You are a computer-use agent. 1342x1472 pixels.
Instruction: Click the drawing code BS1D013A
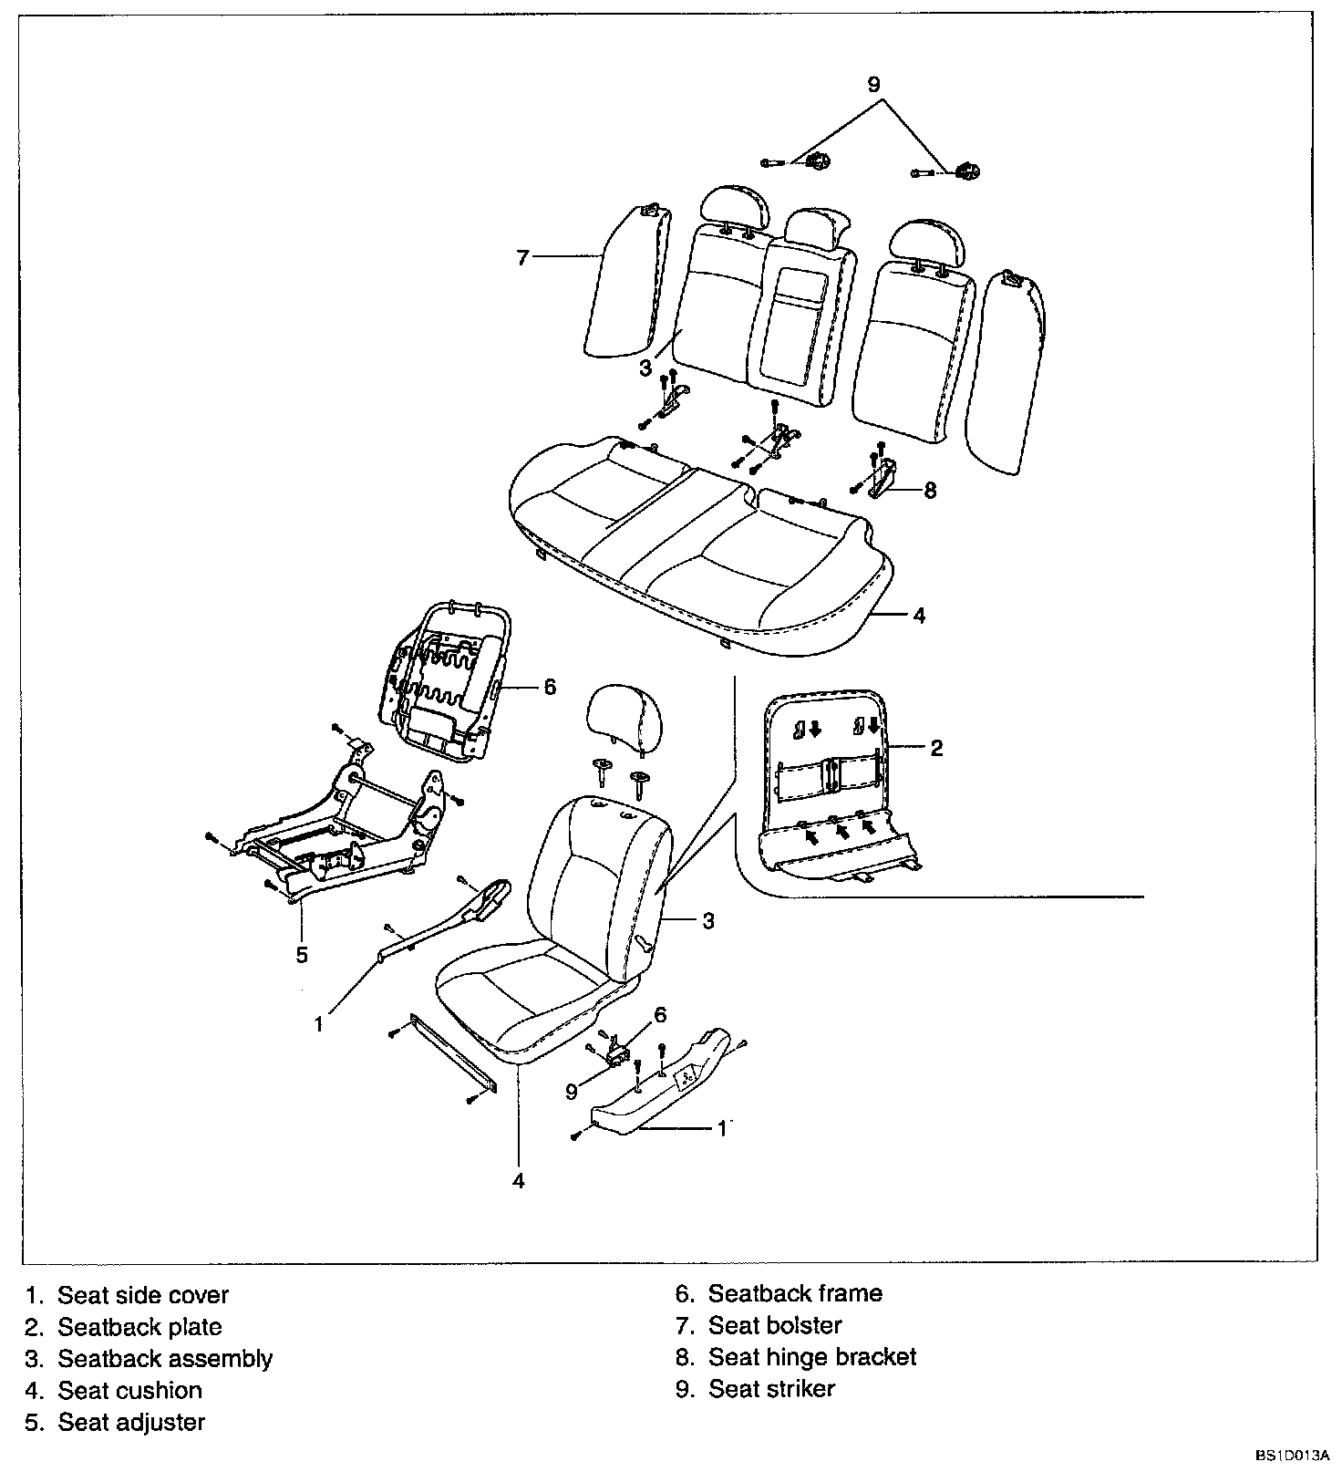point(1293,1456)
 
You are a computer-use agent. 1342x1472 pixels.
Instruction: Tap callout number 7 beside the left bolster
point(522,258)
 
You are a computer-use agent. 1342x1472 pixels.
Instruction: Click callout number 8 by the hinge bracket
point(930,491)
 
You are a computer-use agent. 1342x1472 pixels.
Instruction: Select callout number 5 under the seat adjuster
point(302,955)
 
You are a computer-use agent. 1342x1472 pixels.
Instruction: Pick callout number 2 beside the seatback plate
point(936,749)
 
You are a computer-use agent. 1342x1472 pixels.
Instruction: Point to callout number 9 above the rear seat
point(873,85)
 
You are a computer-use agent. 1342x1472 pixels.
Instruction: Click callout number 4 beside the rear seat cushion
point(919,616)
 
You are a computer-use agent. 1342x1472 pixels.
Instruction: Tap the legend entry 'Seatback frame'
point(795,1293)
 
